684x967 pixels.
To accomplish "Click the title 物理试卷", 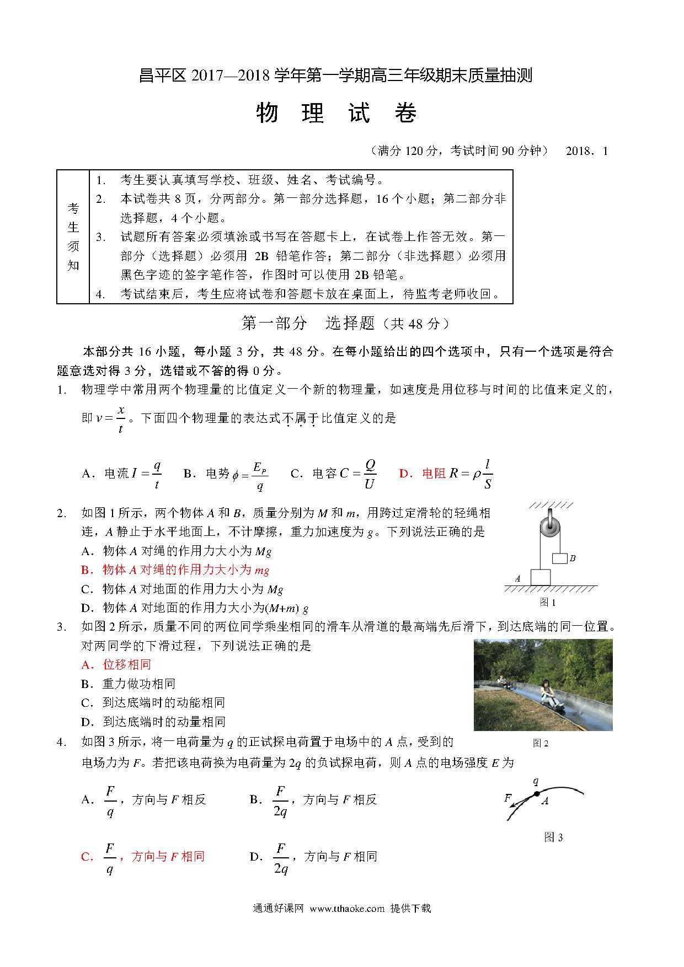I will point(336,114).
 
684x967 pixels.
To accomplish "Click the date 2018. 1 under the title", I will point(586,151).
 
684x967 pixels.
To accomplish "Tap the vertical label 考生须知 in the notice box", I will point(73,237).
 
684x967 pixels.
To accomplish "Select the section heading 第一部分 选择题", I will point(346,324).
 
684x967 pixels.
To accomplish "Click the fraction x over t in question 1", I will point(121,420).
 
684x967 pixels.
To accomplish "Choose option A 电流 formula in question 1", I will point(121,474).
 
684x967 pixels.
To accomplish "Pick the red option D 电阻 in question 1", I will point(445,474).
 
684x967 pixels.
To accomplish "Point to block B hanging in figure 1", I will point(559,558).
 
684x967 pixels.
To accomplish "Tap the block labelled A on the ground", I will point(541,577).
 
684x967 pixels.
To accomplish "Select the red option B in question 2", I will point(175,570).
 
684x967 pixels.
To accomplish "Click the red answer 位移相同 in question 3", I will point(116,665).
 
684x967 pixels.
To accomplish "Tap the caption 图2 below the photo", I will point(540,743).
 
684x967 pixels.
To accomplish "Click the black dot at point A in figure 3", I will point(536,794).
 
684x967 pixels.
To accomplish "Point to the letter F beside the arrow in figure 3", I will point(508,798).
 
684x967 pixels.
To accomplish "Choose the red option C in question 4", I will point(143,857).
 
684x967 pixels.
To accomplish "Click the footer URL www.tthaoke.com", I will point(346,909).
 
